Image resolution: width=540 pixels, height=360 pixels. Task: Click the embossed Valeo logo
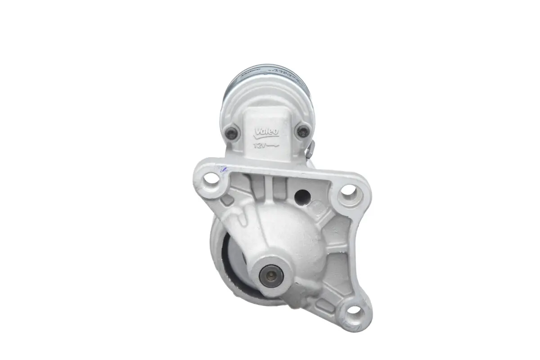coord(267,132)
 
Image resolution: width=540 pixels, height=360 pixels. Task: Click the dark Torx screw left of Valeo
coord(232,132)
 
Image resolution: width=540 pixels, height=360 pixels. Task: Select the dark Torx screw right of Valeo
coord(301,132)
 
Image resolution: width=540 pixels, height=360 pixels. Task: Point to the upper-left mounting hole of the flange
coord(211,182)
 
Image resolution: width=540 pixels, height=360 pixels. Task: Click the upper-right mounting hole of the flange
coord(350,193)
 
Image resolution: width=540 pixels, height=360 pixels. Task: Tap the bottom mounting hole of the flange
coord(354,310)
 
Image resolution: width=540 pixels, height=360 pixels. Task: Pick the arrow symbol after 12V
coord(274,146)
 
